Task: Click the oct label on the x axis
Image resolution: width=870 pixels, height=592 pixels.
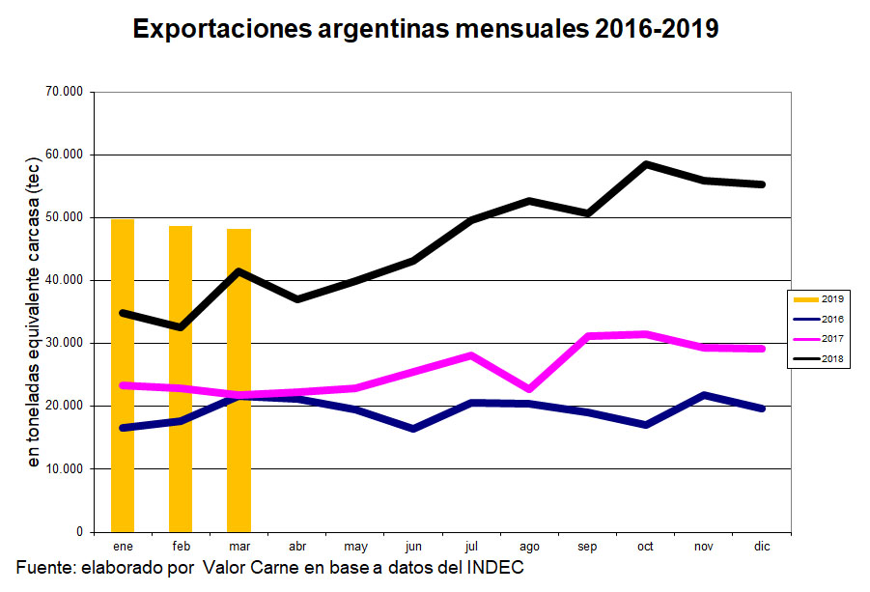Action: (645, 547)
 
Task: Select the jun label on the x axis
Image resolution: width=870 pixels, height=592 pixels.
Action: (413, 547)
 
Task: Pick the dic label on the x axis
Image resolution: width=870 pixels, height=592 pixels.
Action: (762, 547)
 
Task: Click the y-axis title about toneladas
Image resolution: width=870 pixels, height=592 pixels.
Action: (35, 314)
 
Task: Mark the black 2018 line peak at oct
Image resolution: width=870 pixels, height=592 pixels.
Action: (646, 164)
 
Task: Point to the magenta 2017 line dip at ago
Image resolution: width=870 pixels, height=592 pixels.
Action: (529, 389)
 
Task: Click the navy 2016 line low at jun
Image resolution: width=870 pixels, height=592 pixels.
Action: (413, 428)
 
